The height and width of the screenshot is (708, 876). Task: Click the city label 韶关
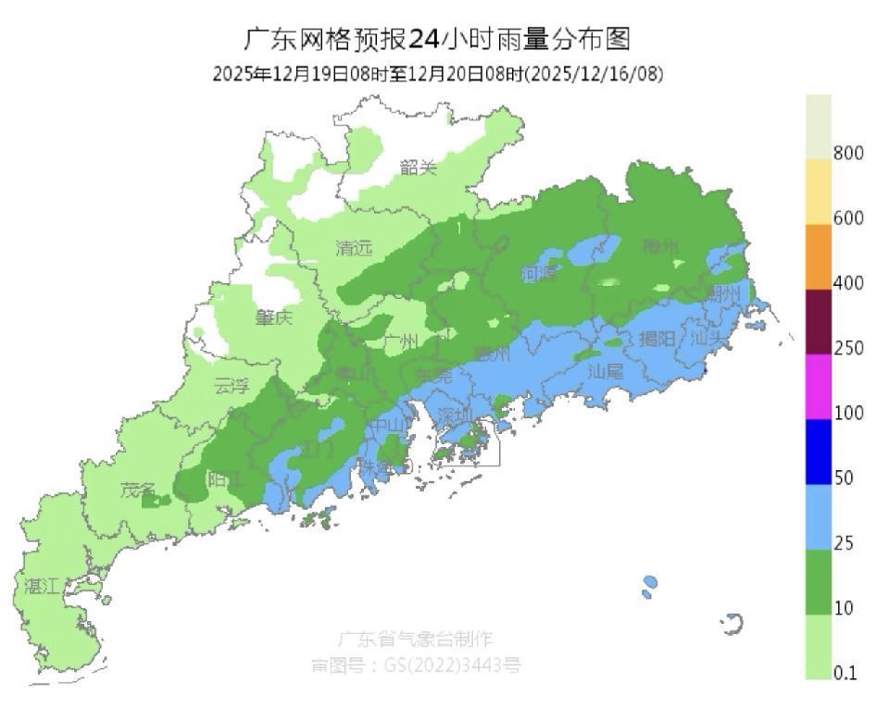[x=418, y=168]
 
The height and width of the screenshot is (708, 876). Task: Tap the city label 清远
[x=354, y=248]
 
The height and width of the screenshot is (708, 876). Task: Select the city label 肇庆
[x=274, y=317]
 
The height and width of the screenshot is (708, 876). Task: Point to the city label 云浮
[x=231, y=386]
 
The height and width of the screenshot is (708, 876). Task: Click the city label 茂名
[x=138, y=490]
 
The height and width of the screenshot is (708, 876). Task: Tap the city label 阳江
[x=225, y=479]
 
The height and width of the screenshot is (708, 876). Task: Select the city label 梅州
[x=661, y=246]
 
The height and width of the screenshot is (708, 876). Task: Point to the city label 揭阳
[x=657, y=339]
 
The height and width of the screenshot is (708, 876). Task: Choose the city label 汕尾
[x=607, y=370]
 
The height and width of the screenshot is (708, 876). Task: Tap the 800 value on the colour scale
[x=849, y=153]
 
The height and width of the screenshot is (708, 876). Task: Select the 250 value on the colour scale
[x=849, y=348]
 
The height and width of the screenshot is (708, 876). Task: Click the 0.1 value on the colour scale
[x=845, y=674]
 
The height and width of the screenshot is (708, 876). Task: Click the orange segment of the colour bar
[x=819, y=256]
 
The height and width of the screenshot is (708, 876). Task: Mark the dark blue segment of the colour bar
[x=819, y=452]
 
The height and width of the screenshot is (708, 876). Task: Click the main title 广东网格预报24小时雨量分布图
[x=437, y=39]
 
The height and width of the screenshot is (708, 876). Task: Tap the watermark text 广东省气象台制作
[x=415, y=639]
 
